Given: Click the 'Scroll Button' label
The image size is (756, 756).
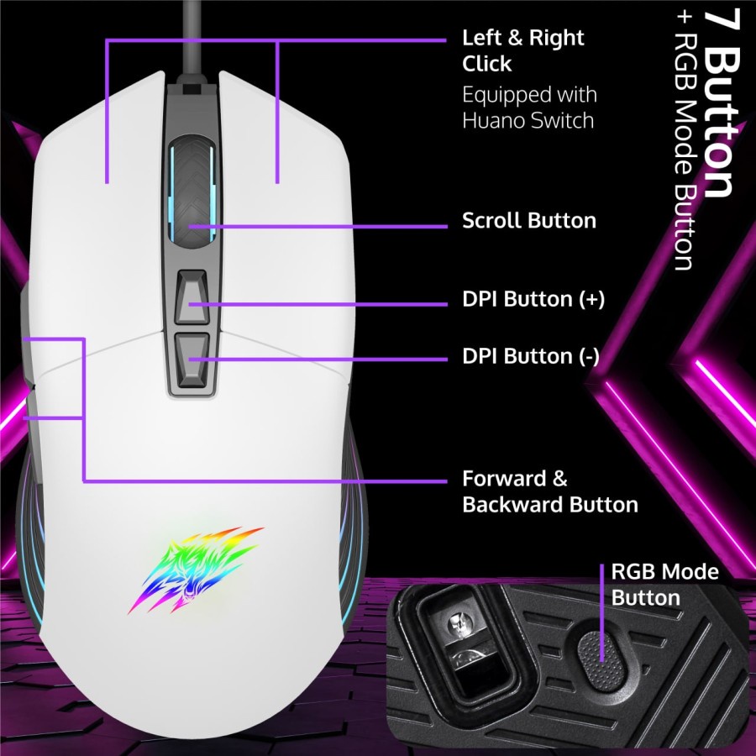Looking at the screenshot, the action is point(528,221).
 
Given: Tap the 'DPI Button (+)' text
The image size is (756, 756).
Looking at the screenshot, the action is point(533,300).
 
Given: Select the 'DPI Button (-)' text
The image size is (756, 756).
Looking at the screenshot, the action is point(530,356).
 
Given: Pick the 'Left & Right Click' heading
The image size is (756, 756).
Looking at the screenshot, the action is point(522,50).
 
